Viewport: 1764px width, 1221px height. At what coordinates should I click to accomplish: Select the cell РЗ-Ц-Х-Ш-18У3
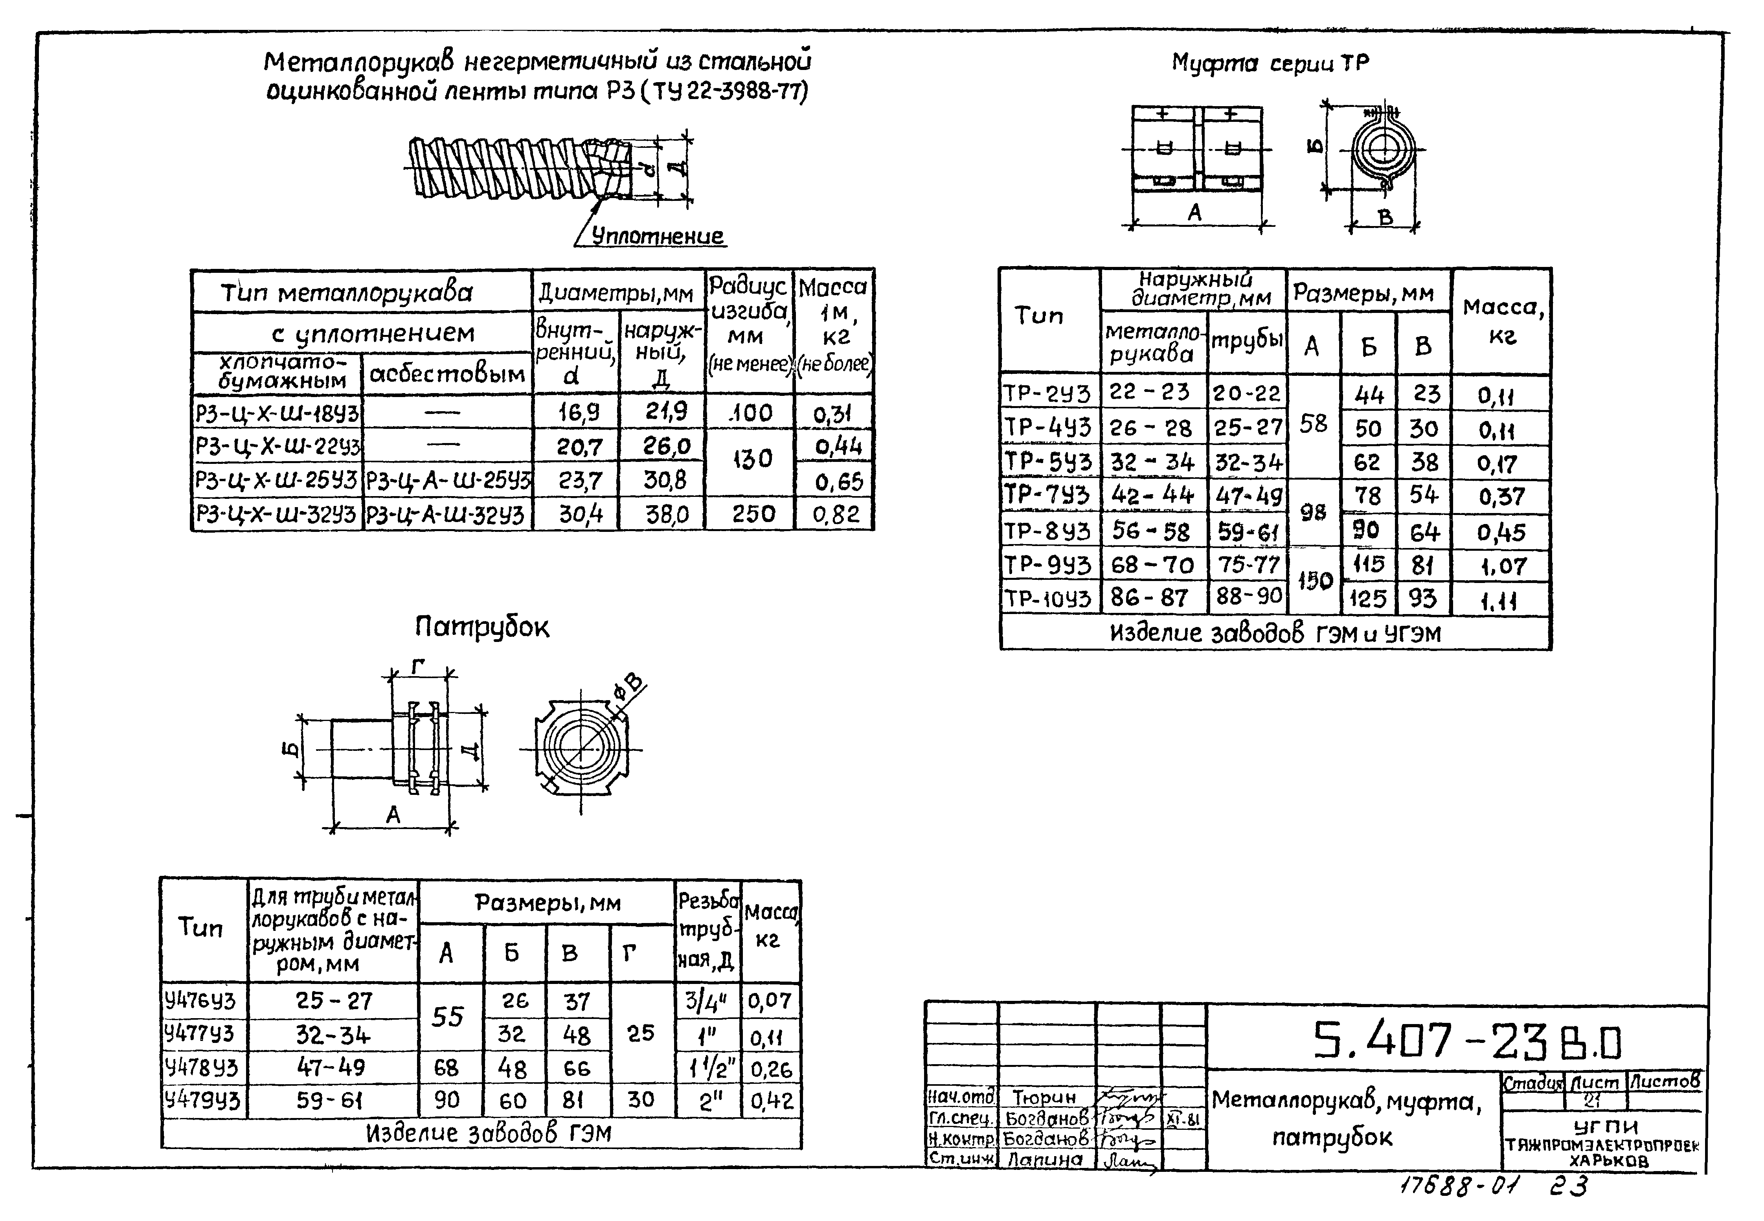click(x=277, y=413)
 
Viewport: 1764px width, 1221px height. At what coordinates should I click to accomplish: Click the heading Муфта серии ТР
click(x=1270, y=63)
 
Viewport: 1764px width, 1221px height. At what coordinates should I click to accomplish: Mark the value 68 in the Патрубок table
click(x=447, y=1067)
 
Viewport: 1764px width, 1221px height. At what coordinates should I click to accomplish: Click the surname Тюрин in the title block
click(x=1044, y=1097)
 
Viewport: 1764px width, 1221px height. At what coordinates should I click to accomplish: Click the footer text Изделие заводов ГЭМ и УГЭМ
click(x=1275, y=633)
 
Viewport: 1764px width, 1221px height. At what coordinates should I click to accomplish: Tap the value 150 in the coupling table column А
click(x=1314, y=581)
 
